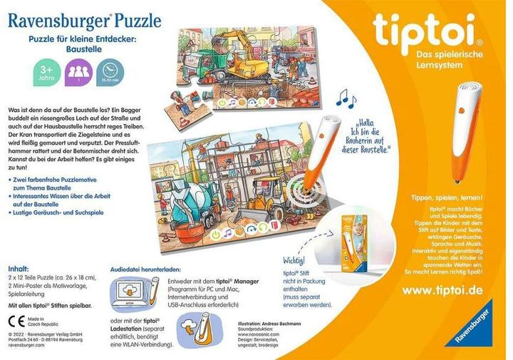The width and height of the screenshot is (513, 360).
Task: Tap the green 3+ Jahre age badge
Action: (x=44, y=73)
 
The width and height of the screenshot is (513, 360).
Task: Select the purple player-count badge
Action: (x=79, y=73)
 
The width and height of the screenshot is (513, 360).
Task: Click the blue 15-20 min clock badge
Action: (x=110, y=72)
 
